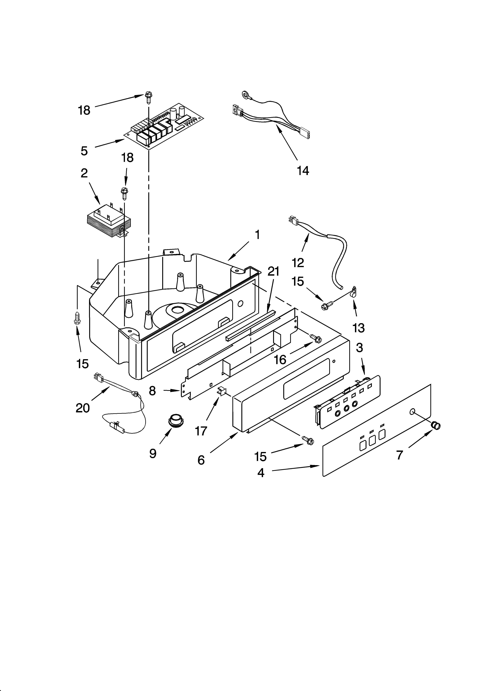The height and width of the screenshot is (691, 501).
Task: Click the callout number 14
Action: tap(303, 171)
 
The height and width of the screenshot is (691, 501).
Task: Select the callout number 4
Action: tap(261, 472)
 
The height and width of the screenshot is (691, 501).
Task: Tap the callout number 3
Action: tap(359, 347)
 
